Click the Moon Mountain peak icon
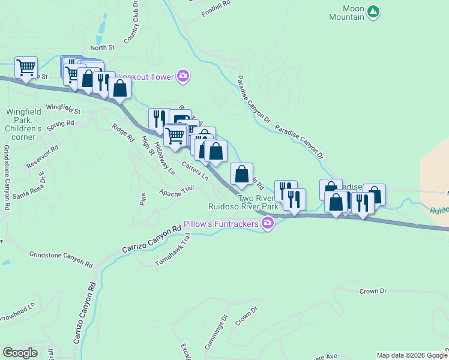(374, 11)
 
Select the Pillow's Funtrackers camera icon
(268, 224)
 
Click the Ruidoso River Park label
(243, 206)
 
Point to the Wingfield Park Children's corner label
(23, 124)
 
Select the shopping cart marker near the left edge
(26, 67)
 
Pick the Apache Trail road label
(176, 191)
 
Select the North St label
(102, 47)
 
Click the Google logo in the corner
(20, 353)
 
